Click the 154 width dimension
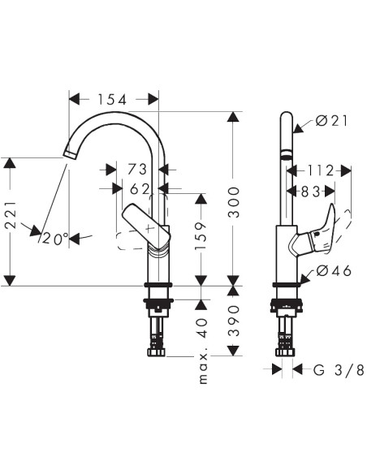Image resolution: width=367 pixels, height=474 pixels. [113, 100]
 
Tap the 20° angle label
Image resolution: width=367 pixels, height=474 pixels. [55, 239]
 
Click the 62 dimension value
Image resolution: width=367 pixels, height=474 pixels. [140, 188]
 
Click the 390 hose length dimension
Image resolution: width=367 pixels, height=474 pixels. [234, 321]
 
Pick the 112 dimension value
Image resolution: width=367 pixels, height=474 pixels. [321, 170]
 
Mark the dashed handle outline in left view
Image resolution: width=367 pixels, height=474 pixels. [130, 240]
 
